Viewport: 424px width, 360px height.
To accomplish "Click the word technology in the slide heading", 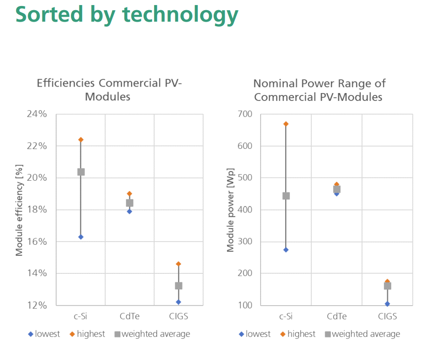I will click(x=180, y=14).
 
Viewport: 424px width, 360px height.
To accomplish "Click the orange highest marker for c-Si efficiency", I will click(x=81, y=139).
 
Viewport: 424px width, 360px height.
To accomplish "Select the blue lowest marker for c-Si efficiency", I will click(x=81, y=237).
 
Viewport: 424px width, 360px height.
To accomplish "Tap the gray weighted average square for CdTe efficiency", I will click(x=130, y=203).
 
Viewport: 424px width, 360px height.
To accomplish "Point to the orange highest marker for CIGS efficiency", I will click(x=179, y=264).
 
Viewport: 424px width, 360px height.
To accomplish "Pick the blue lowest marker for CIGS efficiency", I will click(x=179, y=302).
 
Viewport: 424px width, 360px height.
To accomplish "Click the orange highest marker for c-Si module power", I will click(x=286, y=124).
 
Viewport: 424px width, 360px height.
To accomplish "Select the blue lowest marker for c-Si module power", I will click(x=286, y=250).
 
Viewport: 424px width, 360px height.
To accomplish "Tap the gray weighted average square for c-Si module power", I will click(x=286, y=196).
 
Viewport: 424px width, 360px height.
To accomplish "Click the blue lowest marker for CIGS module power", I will click(x=387, y=304).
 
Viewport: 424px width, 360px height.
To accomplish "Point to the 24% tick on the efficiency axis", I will click(x=36, y=114).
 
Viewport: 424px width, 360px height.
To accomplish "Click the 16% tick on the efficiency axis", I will click(x=36, y=242).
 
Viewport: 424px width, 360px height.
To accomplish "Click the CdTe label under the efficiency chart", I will click(x=130, y=317).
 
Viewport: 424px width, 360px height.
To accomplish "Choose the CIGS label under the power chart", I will click(x=387, y=317).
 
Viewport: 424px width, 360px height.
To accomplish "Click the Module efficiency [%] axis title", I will click(x=19, y=210).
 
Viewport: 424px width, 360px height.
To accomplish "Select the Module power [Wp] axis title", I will click(x=230, y=210).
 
